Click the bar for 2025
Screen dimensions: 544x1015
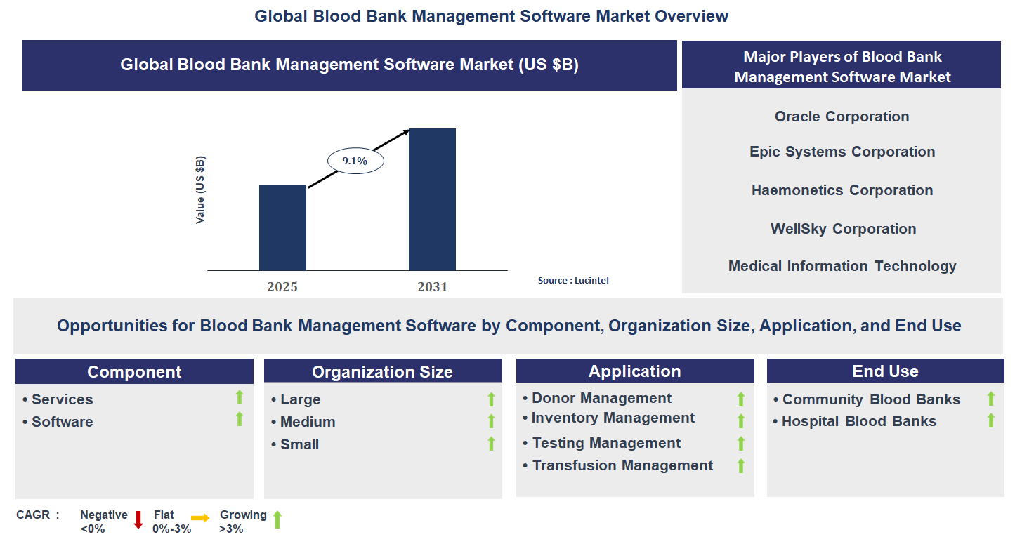(x=282, y=227)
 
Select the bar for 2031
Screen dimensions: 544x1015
(x=432, y=199)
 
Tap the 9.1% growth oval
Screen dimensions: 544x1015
(x=355, y=161)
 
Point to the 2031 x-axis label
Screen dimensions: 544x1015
(x=432, y=287)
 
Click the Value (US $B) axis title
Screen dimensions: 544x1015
(x=200, y=190)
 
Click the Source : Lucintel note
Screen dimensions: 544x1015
(x=573, y=280)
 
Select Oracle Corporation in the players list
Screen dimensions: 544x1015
(x=842, y=117)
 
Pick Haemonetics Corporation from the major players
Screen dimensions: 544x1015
(x=842, y=190)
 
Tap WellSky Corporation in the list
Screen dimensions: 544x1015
(x=843, y=229)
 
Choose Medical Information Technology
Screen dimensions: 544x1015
(x=842, y=266)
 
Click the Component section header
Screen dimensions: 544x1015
(x=134, y=372)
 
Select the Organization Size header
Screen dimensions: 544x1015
(x=382, y=372)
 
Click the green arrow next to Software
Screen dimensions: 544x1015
(x=240, y=419)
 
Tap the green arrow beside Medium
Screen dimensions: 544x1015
(x=491, y=421)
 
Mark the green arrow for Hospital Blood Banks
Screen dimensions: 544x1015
(x=991, y=420)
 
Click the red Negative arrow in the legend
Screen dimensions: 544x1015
(x=138, y=520)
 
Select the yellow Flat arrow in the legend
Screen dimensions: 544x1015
(x=200, y=518)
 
